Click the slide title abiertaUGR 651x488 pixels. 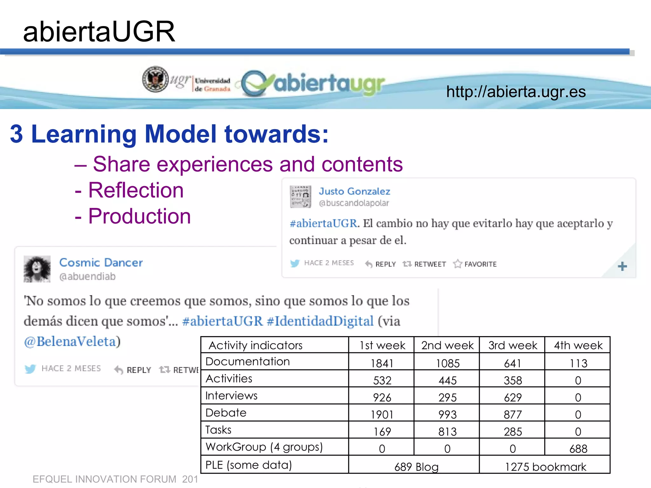(99, 32)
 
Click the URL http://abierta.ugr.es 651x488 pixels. (516, 92)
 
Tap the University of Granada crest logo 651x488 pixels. (155, 79)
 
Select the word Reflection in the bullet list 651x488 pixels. (136, 190)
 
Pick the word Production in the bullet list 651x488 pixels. (139, 216)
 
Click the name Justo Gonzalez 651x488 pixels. (354, 191)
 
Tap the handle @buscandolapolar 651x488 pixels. (354, 203)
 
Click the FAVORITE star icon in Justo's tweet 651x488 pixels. (457, 264)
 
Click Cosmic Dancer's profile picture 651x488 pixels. (37, 269)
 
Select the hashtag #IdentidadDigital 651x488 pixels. (320, 321)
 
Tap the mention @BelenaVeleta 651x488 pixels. (70, 342)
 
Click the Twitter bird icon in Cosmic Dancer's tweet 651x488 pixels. (31, 369)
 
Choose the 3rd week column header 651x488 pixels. (512, 345)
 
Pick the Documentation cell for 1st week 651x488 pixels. (382, 363)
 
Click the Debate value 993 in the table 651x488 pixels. (447, 415)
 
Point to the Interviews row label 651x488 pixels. (231, 396)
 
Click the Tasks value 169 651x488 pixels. (382, 432)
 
